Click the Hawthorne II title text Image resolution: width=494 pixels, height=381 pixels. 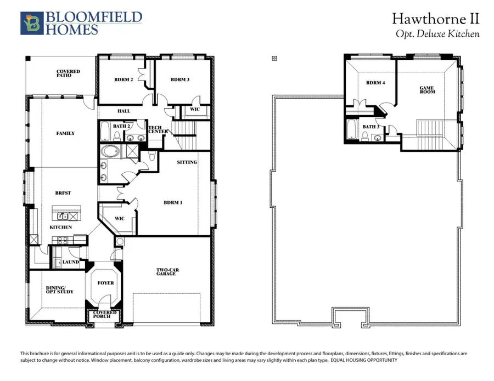click(435, 19)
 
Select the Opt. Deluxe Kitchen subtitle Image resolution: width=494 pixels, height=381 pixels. click(437, 34)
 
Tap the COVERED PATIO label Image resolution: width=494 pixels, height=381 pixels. click(68, 73)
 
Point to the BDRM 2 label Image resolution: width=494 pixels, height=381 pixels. click(123, 79)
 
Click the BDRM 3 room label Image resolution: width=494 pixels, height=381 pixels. click(180, 79)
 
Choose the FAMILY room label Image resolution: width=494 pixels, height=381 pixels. click(65, 133)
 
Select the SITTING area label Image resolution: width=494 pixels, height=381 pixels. click(187, 162)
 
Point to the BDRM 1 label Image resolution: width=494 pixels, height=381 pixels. click(173, 202)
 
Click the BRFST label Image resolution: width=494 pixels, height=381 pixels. click(63, 193)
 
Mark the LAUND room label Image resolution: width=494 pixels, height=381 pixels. click(71, 262)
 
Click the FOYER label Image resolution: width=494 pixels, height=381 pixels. click(106, 283)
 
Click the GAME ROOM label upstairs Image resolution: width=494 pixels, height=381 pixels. click(427, 90)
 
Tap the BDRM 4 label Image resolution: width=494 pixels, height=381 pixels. click(375, 83)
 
